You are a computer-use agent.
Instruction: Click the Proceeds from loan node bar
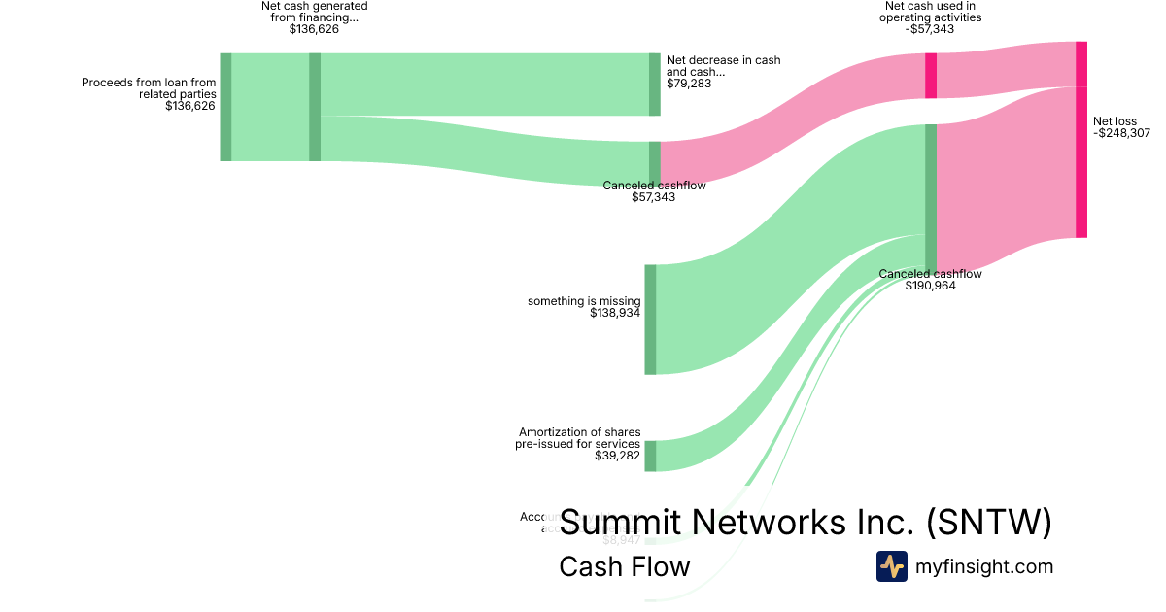pyautogui.click(x=225, y=107)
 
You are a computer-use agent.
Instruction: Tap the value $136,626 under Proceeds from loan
pyautogui.click(x=190, y=107)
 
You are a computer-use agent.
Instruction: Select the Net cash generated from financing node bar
pyautogui.click(x=315, y=107)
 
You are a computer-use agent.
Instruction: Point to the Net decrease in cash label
pyautogui.click(x=723, y=66)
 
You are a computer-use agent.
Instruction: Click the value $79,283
pyautogui.click(x=689, y=84)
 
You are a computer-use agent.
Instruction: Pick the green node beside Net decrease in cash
pyautogui.click(x=654, y=85)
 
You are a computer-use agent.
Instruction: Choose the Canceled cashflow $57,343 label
pyautogui.click(x=654, y=186)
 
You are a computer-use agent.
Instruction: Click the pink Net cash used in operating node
pyautogui.click(x=931, y=76)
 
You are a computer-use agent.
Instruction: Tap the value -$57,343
pyautogui.click(x=929, y=29)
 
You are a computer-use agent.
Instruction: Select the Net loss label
pyautogui.click(x=1115, y=121)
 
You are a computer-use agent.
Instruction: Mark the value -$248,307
pyautogui.click(x=1121, y=134)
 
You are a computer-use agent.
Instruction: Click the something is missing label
pyautogui.click(x=584, y=301)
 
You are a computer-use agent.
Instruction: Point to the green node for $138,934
pyautogui.click(x=650, y=319)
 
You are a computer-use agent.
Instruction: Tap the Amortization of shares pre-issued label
pyautogui.click(x=579, y=438)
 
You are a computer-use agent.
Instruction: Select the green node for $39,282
pyautogui.click(x=650, y=456)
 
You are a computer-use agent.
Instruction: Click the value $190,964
pyautogui.click(x=930, y=287)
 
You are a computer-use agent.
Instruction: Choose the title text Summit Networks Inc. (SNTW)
pyautogui.click(x=806, y=522)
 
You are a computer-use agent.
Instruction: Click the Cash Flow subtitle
pyautogui.click(x=624, y=566)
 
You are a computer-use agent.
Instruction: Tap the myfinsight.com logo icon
pyautogui.click(x=891, y=566)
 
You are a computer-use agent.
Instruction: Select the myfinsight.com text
pyautogui.click(x=984, y=567)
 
